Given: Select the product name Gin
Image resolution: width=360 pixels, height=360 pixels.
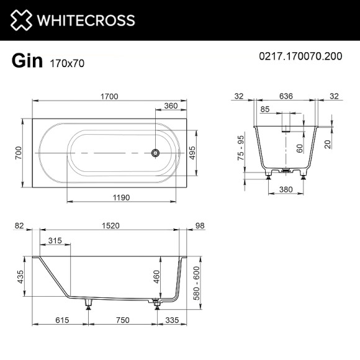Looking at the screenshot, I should click(27, 60).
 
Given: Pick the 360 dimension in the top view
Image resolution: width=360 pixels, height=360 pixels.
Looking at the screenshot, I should click(171, 106).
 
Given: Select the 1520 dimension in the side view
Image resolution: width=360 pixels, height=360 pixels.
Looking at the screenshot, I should click(110, 226).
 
